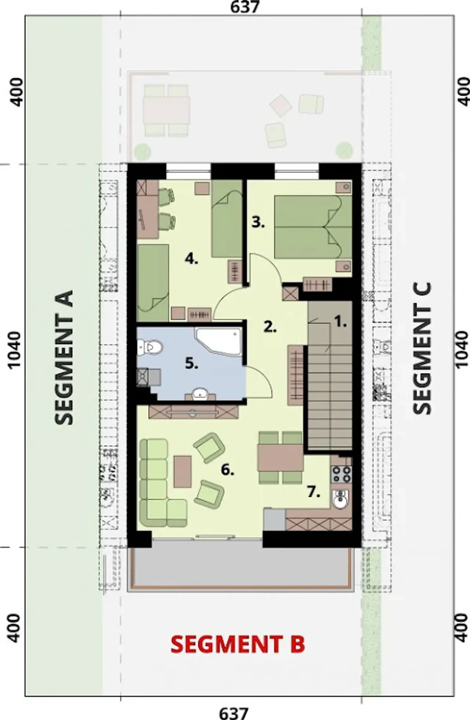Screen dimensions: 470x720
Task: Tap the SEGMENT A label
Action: click(x=64, y=357)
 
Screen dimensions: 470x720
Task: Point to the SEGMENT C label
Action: click(x=422, y=348)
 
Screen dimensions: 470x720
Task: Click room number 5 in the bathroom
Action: click(x=192, y=363)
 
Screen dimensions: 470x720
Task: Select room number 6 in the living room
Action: click(x=228, y=470)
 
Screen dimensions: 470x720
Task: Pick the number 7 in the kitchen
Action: click(x=314, y=492)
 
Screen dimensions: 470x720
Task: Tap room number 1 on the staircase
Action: click(x=340, y=322)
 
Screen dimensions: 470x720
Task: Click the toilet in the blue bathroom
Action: click(x=150, y=347)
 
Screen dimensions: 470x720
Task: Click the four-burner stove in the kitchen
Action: click(x=341, y=474)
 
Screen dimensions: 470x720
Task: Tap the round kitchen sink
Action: click(x=341, y=499)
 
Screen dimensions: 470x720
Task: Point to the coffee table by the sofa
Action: click(x=182, y=471)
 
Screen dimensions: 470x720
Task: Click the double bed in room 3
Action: click(x=313, y=227)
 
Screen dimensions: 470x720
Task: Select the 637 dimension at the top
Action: click(x=245, y=7)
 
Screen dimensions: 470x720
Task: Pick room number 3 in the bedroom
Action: click(x=258, y=222)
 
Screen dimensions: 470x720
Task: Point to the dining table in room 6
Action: click(x=281, y=457)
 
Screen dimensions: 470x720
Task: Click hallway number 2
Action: click(x=270, y=327)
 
